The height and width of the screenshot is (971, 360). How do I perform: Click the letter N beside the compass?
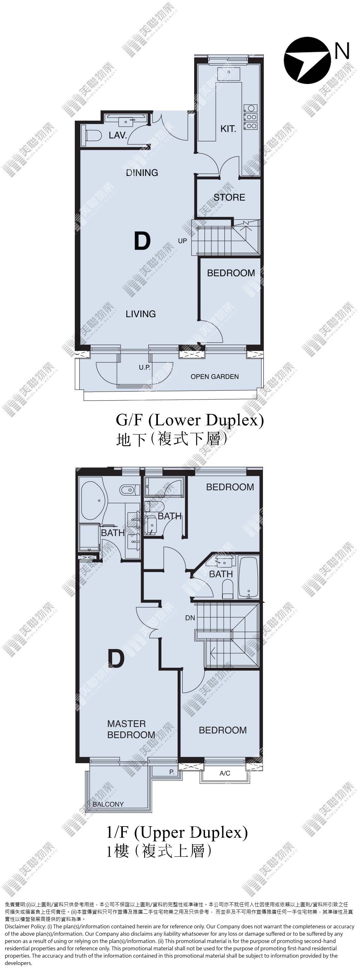click(x=342, y=51)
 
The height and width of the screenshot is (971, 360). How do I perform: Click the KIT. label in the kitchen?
click(x=228, y=129)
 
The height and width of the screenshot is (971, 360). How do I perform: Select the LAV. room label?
click(x=117, y=135)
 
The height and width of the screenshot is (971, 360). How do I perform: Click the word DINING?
click(x=142, y=173)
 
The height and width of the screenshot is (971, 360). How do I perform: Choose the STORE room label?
click(x=229, y=197)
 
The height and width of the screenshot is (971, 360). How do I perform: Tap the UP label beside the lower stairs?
click(x=182, y=241)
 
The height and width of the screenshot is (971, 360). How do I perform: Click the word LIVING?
click(x=141, y=314)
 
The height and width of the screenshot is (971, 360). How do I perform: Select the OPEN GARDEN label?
click(x=215, y=377)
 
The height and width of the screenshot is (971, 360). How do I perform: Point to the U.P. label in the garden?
click(x=145, y=367)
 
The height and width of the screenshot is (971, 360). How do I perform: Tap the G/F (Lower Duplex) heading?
click(x=190, y=420)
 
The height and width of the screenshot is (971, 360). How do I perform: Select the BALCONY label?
click(x=108, y=804)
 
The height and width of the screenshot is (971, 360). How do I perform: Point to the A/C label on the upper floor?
click(x=225, y=773)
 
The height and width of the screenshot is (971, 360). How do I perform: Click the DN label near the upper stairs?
click(x=190, y=618)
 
